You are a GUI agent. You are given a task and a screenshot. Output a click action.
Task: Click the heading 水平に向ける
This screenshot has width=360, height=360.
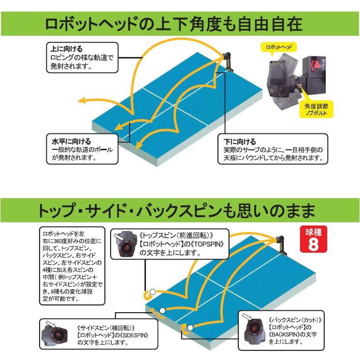(71, 141)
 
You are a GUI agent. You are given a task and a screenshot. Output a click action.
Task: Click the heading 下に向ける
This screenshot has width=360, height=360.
(240, 142)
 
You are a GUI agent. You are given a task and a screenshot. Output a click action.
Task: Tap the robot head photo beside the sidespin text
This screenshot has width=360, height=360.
(57, 333)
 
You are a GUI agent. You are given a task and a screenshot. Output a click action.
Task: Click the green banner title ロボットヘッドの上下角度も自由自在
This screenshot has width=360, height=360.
(180, 23)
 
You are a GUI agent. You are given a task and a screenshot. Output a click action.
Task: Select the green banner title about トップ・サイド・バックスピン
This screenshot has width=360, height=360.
(180, 211)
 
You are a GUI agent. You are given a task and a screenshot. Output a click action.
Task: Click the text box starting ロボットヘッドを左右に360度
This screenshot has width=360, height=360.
(72, 265)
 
